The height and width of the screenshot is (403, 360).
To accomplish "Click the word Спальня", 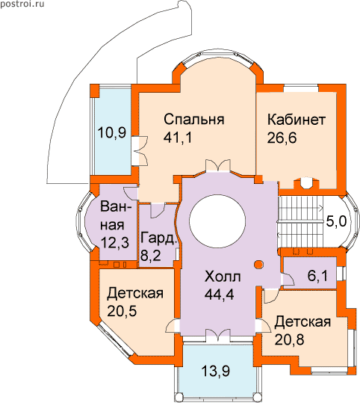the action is pyautogui.click(x=194, y=120).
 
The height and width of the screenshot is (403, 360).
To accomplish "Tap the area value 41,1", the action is pyautogui.click(x=178, y=138).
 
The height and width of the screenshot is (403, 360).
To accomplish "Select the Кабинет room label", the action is pyautogui.click(x=297, y=120).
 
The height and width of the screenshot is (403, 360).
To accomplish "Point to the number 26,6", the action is pyautogui.click(x=282, y=138).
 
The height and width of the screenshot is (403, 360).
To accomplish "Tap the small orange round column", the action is pyautogui.click(x=258, y=264).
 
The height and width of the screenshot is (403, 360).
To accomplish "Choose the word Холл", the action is pyautogui.click(x=223, y=277).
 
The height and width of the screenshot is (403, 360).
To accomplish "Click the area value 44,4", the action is pyautogui.click(x=219, y=295).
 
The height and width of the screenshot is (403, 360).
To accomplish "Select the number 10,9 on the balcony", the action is pyautogui.click(x=112, y=133).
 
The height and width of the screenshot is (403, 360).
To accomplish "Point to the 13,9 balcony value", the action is pyautogui.click(x=215, y=371).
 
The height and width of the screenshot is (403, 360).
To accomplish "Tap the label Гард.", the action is pyautogui.click(x=159, y=238).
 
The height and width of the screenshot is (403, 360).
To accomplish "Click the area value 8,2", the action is pyautogui.click(x=151, y=256).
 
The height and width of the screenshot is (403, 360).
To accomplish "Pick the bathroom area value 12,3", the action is pyautogui.click(x=114, y=242).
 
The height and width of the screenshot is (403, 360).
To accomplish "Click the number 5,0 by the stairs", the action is pyautogui.click(x=336, y=221).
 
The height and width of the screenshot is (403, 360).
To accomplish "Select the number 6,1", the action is pyautogui.click(x=317, y=277).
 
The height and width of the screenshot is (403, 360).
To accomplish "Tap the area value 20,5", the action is pyautogui.click(x=122, y=311).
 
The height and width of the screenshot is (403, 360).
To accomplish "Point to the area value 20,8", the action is pyautogui.click(x=289, y=339).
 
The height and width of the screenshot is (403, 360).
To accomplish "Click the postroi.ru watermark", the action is pyautogui.click(x=22, y=4).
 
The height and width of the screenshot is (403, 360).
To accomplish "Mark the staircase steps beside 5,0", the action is pyautogui.click(x=300, y=222).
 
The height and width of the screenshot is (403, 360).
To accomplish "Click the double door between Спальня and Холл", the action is pyautogui.click(x=218, y=166).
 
